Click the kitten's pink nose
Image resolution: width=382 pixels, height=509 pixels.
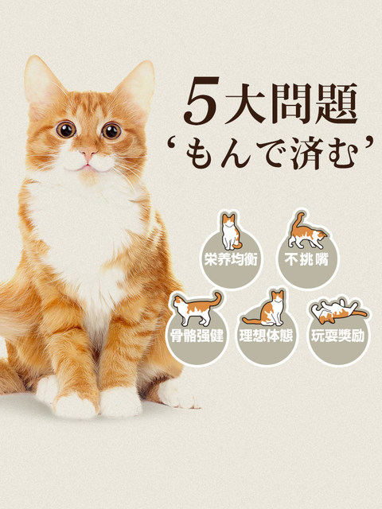tap(88, 153)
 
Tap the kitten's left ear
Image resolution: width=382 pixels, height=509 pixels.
tap(41, 85)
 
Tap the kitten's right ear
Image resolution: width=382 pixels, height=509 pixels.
tap(136, 86)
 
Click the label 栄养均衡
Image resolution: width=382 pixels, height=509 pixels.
tap(231, 260)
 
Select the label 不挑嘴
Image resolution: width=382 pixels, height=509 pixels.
tap(306, 260)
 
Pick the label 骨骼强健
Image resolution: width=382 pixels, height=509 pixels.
tap(197, 336)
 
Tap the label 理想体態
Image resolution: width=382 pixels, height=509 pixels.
tap(267, 336)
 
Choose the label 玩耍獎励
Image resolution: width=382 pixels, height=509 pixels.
tap(337, 336)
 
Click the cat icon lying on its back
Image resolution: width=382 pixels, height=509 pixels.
tap(338, 311)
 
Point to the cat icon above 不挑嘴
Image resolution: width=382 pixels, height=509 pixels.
tap(306, 231)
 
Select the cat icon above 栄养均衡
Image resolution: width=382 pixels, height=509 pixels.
tap(231, 231)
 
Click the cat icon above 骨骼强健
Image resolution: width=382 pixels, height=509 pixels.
tap(197, 309)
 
